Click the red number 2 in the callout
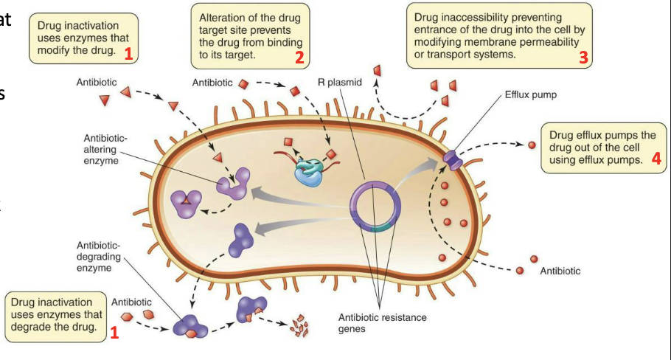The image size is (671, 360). [299, 58]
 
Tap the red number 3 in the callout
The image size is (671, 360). [583, 58]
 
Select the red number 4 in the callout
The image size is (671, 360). [656, 158]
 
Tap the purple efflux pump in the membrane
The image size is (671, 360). [452, 157]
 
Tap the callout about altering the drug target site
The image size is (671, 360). [250, 34]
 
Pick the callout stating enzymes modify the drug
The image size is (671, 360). [83, 36]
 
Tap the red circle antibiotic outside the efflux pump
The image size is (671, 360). [532, 145]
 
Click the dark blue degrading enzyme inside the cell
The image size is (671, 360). [240, 238]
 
